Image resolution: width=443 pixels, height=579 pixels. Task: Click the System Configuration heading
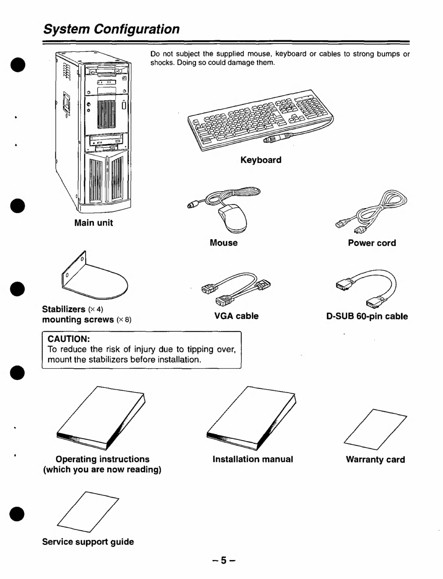pos(111,29)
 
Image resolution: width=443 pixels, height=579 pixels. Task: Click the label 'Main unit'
pos(94,223)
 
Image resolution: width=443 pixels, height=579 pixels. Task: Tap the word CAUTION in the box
pos(69,339)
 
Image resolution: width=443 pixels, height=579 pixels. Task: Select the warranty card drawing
pos(376,429)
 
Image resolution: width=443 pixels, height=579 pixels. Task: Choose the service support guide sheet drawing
pos(88,512)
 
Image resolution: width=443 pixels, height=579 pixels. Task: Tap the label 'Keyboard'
pos(261,160)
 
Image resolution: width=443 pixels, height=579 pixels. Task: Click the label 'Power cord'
pos(372,243)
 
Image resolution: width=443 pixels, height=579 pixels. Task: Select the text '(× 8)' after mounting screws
pos(124,320)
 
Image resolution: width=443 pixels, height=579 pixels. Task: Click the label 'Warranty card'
pos(375,460)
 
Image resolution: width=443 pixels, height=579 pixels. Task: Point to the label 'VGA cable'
pos(236,316)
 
